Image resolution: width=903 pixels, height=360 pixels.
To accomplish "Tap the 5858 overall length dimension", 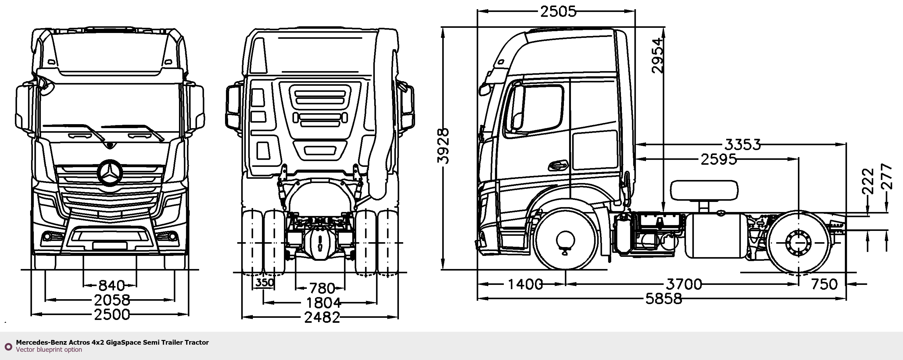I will pyautogui.click(x=664, y=299).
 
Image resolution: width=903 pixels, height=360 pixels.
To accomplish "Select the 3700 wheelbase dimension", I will pyautogui.click(x=684, y=284).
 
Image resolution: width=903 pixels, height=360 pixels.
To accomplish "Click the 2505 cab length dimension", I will pyautogui.click(x=558, y=12).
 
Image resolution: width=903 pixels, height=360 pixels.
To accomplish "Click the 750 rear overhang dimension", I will pyautogui.click(x=824, y=284).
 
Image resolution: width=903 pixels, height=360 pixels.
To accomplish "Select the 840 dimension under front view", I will pyautogui.click(x=111, y=285).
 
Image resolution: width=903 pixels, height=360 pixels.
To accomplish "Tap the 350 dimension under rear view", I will pyautogui.click(x=265, y=282).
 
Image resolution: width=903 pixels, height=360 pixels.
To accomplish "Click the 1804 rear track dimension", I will pyautogui.click(x=323, y=303).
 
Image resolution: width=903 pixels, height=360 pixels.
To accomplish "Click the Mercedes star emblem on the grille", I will pyautogui.click(x=110, y=172).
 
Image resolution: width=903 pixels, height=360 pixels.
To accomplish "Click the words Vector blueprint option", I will pyautogui.click(x=49, y=349).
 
